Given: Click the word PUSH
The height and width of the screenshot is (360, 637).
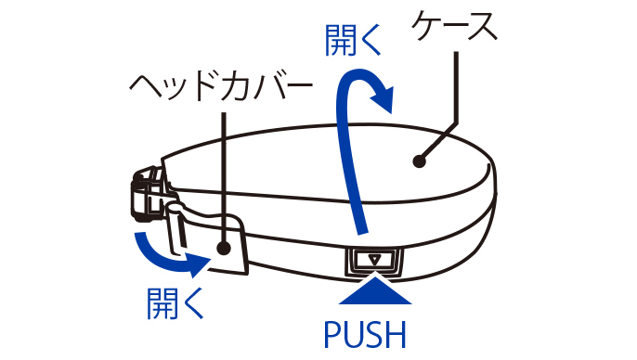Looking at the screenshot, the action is coord(365,334).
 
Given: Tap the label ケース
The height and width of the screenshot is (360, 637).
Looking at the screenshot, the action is coord(455,25).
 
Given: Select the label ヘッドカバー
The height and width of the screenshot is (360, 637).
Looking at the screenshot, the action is coord(221,86).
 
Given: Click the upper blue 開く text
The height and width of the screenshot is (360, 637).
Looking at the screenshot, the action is coord(353,40).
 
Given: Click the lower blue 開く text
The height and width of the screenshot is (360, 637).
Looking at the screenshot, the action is coord(175,303).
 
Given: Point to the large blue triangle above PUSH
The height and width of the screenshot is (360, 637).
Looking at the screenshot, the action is coord(375,290).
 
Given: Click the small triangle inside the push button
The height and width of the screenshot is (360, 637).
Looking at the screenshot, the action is coord(374,259).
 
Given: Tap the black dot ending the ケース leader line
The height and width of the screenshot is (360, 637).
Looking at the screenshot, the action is coord(419,161).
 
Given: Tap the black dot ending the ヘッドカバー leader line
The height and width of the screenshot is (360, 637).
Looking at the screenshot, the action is coord(224,248).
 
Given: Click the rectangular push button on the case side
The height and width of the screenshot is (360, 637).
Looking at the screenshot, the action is coord(374,261).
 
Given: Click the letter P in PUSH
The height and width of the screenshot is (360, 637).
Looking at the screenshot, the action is coord(333,335).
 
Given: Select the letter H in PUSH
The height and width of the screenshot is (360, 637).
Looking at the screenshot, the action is coord(396,335).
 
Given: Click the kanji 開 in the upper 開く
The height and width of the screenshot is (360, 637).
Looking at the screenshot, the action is coord(340,40).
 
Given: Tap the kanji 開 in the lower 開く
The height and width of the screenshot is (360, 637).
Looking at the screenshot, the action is coord(162,303).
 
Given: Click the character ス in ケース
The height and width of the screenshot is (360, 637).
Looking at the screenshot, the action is coord(482,26).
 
